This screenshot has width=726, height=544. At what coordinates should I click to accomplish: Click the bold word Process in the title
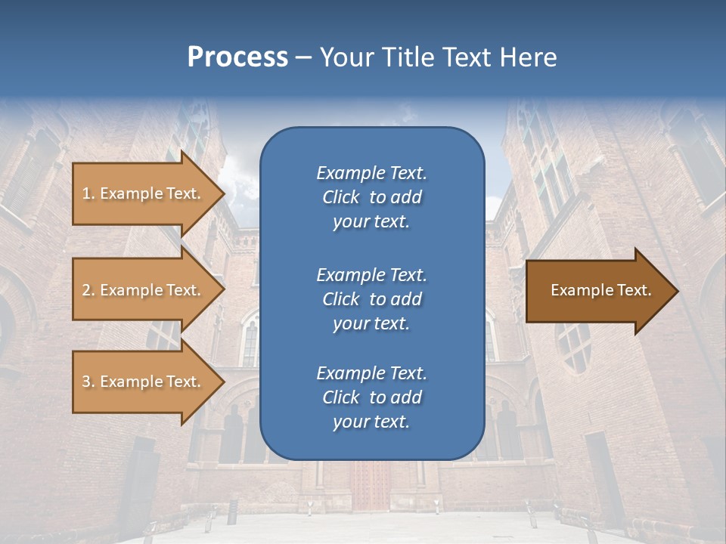click(x=237, y=57)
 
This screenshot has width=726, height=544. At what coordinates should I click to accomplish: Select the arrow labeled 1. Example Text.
click(x=144, y=193)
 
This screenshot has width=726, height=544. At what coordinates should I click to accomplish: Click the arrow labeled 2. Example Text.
click(x=144, y=290)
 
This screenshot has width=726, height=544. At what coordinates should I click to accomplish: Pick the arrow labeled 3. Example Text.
click(x=144, y=382)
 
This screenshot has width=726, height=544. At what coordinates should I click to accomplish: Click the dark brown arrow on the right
click(x=597, y=291)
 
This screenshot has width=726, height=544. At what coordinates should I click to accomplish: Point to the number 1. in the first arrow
click(x=88, y=193)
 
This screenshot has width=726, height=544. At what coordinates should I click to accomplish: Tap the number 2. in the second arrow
click(x=88, y=290)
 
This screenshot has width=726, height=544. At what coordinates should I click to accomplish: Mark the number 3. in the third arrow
click(x=88, y=382)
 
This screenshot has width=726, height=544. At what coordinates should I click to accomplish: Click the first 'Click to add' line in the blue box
click(x=371, y=198)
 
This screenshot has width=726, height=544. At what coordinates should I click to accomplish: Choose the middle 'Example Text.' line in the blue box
click(x=371, y=274)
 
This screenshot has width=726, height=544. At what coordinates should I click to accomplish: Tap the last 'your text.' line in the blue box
click(x=371, y=422)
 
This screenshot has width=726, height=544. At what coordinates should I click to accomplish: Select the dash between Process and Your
click(x=303, y=57)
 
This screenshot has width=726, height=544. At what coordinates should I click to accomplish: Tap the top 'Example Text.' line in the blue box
click(x=371, y=173)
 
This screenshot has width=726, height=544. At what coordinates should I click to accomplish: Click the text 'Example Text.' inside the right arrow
click(x=600, y=290)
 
